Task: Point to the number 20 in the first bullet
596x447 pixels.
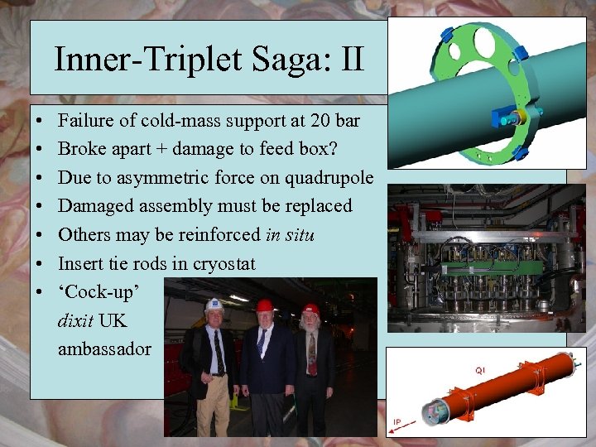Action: (313, 121)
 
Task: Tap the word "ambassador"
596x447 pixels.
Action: (104, 349)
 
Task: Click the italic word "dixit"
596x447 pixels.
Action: (75, 321)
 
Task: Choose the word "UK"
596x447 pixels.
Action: (113, 321)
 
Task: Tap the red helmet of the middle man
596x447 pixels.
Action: (265, 305)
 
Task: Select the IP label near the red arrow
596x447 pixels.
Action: (397, 422)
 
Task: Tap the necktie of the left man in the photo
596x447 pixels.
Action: (219, 353)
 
